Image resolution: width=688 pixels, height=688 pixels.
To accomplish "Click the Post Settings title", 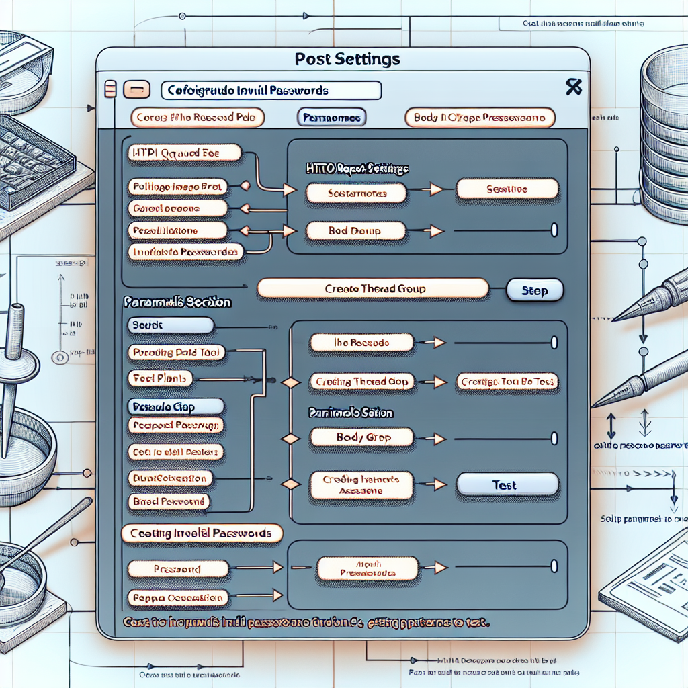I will click(347, 59).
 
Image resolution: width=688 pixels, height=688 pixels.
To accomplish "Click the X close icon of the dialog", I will click(573, 87).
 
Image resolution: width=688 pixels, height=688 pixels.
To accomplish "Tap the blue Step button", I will click(534, 290).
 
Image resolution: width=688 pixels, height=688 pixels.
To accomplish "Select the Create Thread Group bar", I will click(373, 289).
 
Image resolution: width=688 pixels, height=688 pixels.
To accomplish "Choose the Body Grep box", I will click(359, 437).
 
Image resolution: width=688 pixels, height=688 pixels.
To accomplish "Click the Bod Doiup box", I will click(356, 231).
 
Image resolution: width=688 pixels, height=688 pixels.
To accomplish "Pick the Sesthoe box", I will click(507, 189).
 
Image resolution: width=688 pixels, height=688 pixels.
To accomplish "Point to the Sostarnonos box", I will click(356, 193).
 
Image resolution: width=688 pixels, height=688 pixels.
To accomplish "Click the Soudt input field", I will click(170, 326).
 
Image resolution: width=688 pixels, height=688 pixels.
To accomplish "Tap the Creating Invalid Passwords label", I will click(202, 533).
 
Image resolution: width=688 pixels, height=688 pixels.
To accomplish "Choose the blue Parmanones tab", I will click(331, 118).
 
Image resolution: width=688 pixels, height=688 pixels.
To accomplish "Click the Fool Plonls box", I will click(160, 379).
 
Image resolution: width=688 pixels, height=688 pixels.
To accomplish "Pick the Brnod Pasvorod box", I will click(169, 501).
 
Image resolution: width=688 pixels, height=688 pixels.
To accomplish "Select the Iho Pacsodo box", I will click(360, 343).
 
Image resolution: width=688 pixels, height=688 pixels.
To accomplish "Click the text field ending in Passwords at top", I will click(271, 90).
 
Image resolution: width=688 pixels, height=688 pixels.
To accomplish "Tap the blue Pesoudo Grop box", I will click(175, 406).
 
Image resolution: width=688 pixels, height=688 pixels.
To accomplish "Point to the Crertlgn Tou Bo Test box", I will click(507, 382).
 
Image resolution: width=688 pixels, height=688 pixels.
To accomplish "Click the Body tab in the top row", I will click(480, 118).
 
